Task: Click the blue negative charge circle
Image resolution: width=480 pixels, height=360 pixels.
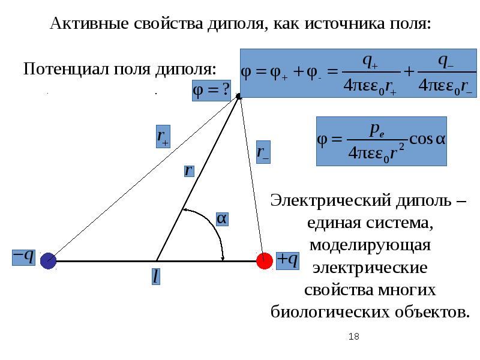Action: point(48,260)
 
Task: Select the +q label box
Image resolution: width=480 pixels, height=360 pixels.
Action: point(287,259)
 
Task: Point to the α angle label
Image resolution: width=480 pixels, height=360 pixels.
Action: point(222,220)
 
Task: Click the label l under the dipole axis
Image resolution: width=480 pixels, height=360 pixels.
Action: point(155,277)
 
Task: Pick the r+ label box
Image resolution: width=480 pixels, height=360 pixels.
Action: point(163,136)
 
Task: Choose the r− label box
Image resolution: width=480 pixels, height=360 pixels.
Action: point(263,151)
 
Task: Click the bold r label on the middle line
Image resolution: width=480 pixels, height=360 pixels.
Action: point(188,170)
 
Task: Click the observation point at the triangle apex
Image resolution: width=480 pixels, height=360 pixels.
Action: point(238,96)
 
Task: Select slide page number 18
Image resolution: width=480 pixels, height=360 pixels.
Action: point(353,337)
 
